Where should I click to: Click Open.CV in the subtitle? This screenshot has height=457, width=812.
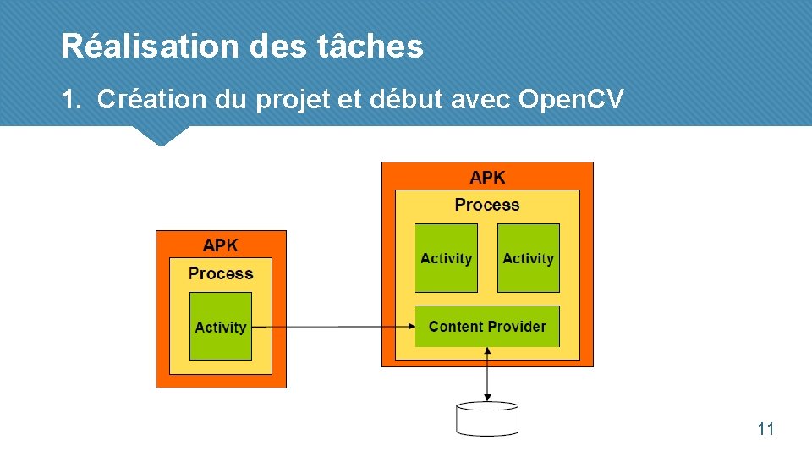click(x=571, y=100)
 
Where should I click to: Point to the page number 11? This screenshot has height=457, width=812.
click(x=765, y=429)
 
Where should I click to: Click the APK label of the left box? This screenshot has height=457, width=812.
click(x=221, y=245)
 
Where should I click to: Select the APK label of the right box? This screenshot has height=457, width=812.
click(x=487, y=178)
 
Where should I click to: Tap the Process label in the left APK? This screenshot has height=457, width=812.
click(x=221, y=273)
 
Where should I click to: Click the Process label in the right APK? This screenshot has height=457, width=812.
click(x=487, y=205)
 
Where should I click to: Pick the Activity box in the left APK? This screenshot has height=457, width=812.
click(x=221, y=326)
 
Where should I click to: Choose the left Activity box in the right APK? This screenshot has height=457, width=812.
click(x=446, y=258)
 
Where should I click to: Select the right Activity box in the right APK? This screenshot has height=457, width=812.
click(x=529, y=258)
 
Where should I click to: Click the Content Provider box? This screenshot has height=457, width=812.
click(x=487, y=326)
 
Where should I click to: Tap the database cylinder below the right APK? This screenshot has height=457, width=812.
click(x=486, y=419)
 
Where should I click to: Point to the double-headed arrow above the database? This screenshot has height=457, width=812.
click(x=487, y=374)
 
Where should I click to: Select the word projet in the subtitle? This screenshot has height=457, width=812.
click(x=292, y=100)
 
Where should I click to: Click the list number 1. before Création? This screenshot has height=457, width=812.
click(x=70, y=100)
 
